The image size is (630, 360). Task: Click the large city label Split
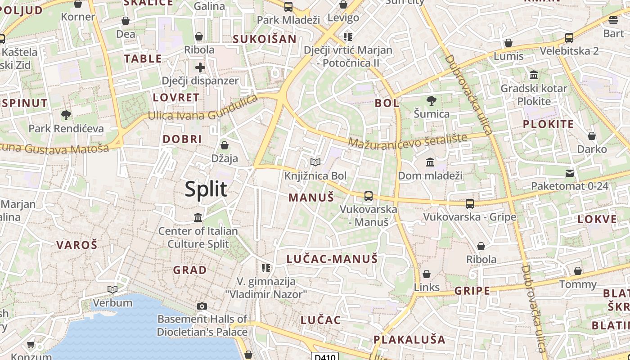(x=206, y=189)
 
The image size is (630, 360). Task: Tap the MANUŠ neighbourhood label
(x=311, y=197)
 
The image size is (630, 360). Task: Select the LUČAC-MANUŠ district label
(x=332, y=259)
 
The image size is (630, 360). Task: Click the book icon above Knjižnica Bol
(x=315, y=162)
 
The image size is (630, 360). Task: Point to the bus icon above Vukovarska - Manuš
(x=369, y=196)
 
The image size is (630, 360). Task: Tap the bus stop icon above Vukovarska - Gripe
(x=470, y=203)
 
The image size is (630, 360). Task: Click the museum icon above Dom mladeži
(x=430, y=162)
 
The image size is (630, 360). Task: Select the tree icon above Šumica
(x=431, y=100)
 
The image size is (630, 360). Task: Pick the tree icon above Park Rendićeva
(x=66, y=115)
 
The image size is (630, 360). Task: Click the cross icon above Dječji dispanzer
(x=200, y=67)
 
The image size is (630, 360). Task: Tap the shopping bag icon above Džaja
(x=224, y=145)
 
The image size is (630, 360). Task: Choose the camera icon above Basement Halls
(x=202, y=306)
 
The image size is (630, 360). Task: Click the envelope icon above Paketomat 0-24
(x=570, y=173)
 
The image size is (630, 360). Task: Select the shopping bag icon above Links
(x=427, y=274)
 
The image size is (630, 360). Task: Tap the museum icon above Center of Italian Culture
(x=198, y=218)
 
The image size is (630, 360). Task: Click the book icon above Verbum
(x=112, y=289)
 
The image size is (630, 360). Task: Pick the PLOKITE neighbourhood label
(x=548, y=124)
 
